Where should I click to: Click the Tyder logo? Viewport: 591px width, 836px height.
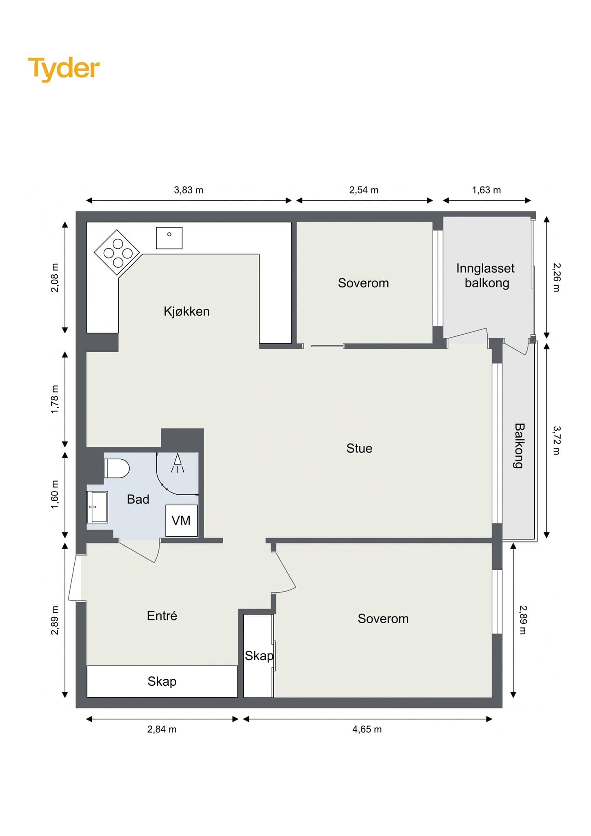point(64,69)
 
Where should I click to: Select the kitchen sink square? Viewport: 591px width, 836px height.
point(169,238)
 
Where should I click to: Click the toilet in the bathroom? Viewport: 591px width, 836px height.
point(117,468)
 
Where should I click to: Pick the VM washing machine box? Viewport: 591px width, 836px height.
point(181,520)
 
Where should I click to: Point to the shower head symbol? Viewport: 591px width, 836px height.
point(178,463)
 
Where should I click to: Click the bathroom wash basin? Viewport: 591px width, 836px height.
point(97,507)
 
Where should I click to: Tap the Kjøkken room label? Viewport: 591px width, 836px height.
point(187,311)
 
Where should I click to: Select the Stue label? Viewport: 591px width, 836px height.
point(359,448)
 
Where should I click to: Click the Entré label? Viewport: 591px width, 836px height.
point(162,615)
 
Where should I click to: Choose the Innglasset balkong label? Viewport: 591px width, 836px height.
point(486,276)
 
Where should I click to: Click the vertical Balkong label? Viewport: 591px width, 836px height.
point(519,445)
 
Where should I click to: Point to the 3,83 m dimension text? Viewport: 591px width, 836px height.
point(189,190)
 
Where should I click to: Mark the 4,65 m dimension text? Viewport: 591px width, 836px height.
point(367,729)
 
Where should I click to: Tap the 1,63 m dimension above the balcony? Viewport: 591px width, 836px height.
point(487,190)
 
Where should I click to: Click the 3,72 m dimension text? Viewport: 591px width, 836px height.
point(557,440)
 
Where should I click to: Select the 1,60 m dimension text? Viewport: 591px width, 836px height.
point(55,494)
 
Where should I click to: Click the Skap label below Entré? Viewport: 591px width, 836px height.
point(162,681)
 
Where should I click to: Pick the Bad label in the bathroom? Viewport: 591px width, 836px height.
point(138,499)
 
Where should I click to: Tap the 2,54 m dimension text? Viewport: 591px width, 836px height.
point(364,190)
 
